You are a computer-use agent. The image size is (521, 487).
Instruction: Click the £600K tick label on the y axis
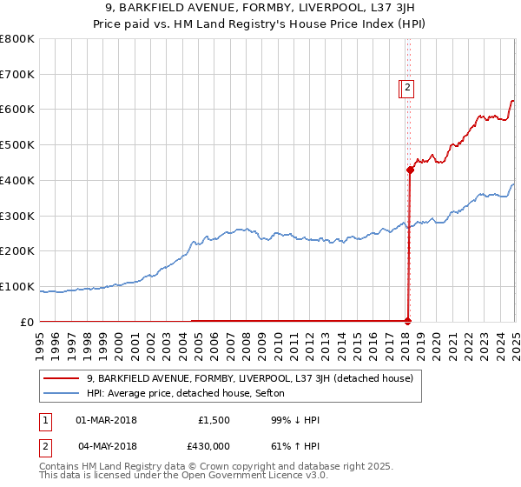(17, 110)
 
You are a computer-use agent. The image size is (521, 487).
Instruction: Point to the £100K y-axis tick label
(17, 286)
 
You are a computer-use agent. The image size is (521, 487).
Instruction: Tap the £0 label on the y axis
(26, 322)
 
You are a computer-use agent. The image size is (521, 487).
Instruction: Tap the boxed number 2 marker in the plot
(407, 87)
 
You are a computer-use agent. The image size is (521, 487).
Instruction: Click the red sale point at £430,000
(410, 170)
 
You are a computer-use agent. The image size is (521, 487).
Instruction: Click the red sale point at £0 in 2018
(408, 321)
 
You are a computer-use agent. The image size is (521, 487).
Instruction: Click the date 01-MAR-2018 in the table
(106, 420)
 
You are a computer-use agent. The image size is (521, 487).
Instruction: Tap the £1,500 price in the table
(213, 420)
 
